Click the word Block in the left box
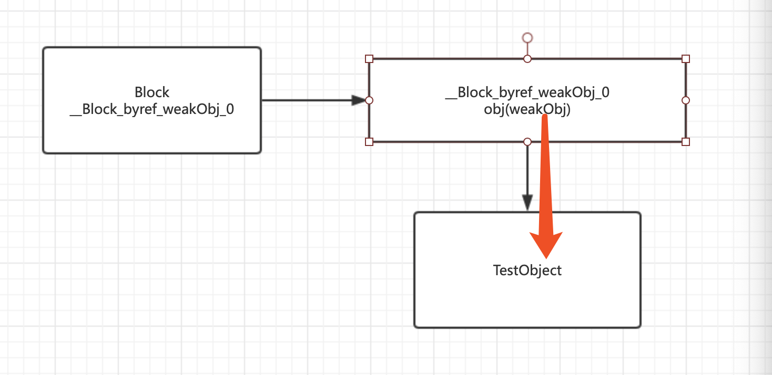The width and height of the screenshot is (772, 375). point(152,92)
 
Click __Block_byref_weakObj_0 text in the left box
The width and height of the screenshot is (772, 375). point(152,109)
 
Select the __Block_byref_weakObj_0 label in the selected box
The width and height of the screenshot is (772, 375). point(527,92)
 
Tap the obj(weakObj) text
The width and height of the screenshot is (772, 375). point(527,109)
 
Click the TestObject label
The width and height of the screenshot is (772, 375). point(527,270)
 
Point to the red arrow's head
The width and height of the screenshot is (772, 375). point(546,245)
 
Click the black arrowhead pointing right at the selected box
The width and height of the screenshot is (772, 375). point(359,100)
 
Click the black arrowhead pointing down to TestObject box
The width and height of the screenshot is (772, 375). point(527,203)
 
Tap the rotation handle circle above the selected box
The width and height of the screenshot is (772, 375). point(527,37)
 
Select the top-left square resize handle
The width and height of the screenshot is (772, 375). point(369,59)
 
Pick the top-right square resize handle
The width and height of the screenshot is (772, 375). point(686,59)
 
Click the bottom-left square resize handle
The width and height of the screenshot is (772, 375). point(369,142)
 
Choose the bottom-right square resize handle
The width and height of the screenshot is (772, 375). point(686,142)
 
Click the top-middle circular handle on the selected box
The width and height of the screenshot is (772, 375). point(527,59)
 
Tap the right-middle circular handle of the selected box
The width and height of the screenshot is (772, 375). point(686,100)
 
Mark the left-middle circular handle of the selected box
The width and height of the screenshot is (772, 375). point(369,100)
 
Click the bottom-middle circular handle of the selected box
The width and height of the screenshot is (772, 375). point(527,142)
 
